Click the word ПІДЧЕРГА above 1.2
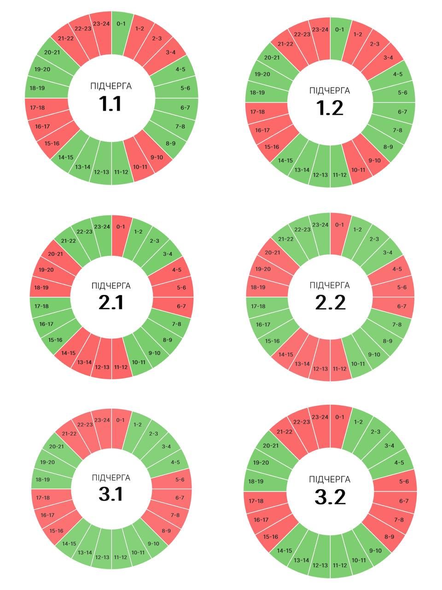(x=330, y=91)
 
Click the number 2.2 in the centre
(x=330, y=302)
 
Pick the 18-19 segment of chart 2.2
(x=258, y=288)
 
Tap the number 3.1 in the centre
(x=111, y=494)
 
